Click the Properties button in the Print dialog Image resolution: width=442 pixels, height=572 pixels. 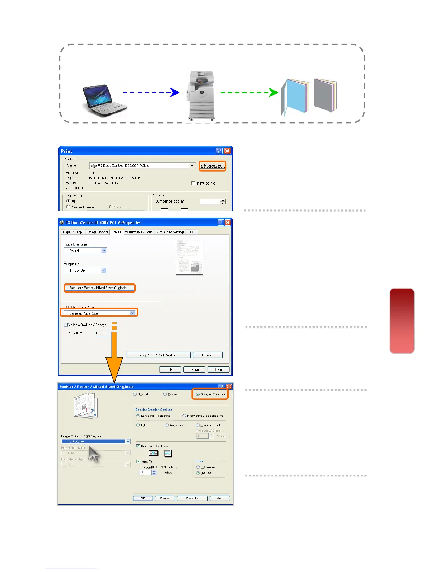click(x=213, y=166)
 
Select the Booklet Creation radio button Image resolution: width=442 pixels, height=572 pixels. click(x=198, y=394)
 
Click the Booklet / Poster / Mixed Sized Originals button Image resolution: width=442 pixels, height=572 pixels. click(x=99, y=288)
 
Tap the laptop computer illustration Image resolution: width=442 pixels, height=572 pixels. click(x=104, y=101)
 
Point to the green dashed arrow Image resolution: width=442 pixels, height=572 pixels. click(x=249, y=92)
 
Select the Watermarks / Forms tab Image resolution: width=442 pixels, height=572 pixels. click(x=139, y=232)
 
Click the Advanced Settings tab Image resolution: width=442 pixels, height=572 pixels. click(x=171, y=232)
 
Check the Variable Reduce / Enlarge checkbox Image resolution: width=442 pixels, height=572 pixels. click(x=66, y=325)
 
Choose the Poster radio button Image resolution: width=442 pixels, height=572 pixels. click(x=165, y=394)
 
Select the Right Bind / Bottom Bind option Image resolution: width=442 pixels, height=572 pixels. click(x=184, y=416)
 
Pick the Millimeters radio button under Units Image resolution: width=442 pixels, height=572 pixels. click(x=198, y=467)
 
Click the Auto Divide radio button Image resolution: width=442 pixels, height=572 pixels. click(x=167, y=425)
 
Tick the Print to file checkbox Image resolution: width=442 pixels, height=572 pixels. click(x=193, y=183)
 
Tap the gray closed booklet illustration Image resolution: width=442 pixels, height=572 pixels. click(x=325, y=95)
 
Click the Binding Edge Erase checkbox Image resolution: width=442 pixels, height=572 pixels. click(x=138, y=446)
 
